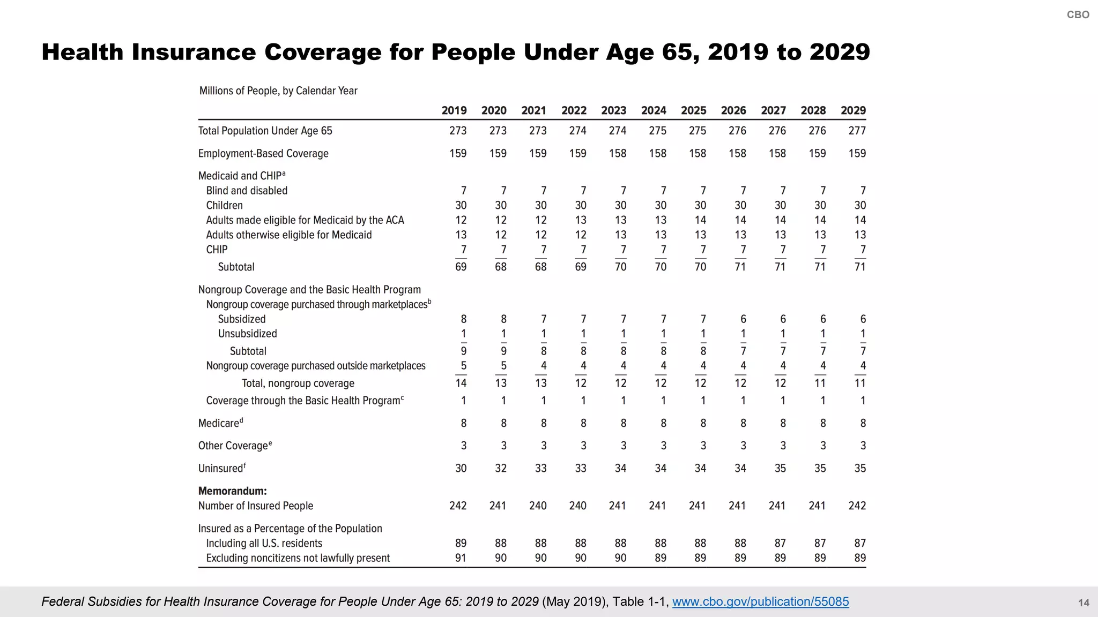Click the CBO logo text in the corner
click(x=1078, y=15)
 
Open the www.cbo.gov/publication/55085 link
click(x=760, y=601)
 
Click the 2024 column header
click(x=654, y=110)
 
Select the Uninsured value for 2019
click(x=461, y=468)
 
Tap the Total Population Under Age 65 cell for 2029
click(x=857, y=131)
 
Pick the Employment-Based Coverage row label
click(x=263, y=154)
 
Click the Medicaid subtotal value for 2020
click(x=500, y=267)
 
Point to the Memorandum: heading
click(x=232, y=491)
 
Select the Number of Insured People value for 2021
click(x=538, y=506)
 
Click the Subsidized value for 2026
click(x=743, y=319)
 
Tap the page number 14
click(x=1083, y=603)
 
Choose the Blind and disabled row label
click(x=247, y=191)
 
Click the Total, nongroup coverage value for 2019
click(x=461, y=383)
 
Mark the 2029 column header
click(x=853, y=110)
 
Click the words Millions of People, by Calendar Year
click(x=278, y=91)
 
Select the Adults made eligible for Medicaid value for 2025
click(x=700, y=220)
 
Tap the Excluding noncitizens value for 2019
click(x=461, y=558)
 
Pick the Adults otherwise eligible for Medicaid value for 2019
click(x=461, y=235)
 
